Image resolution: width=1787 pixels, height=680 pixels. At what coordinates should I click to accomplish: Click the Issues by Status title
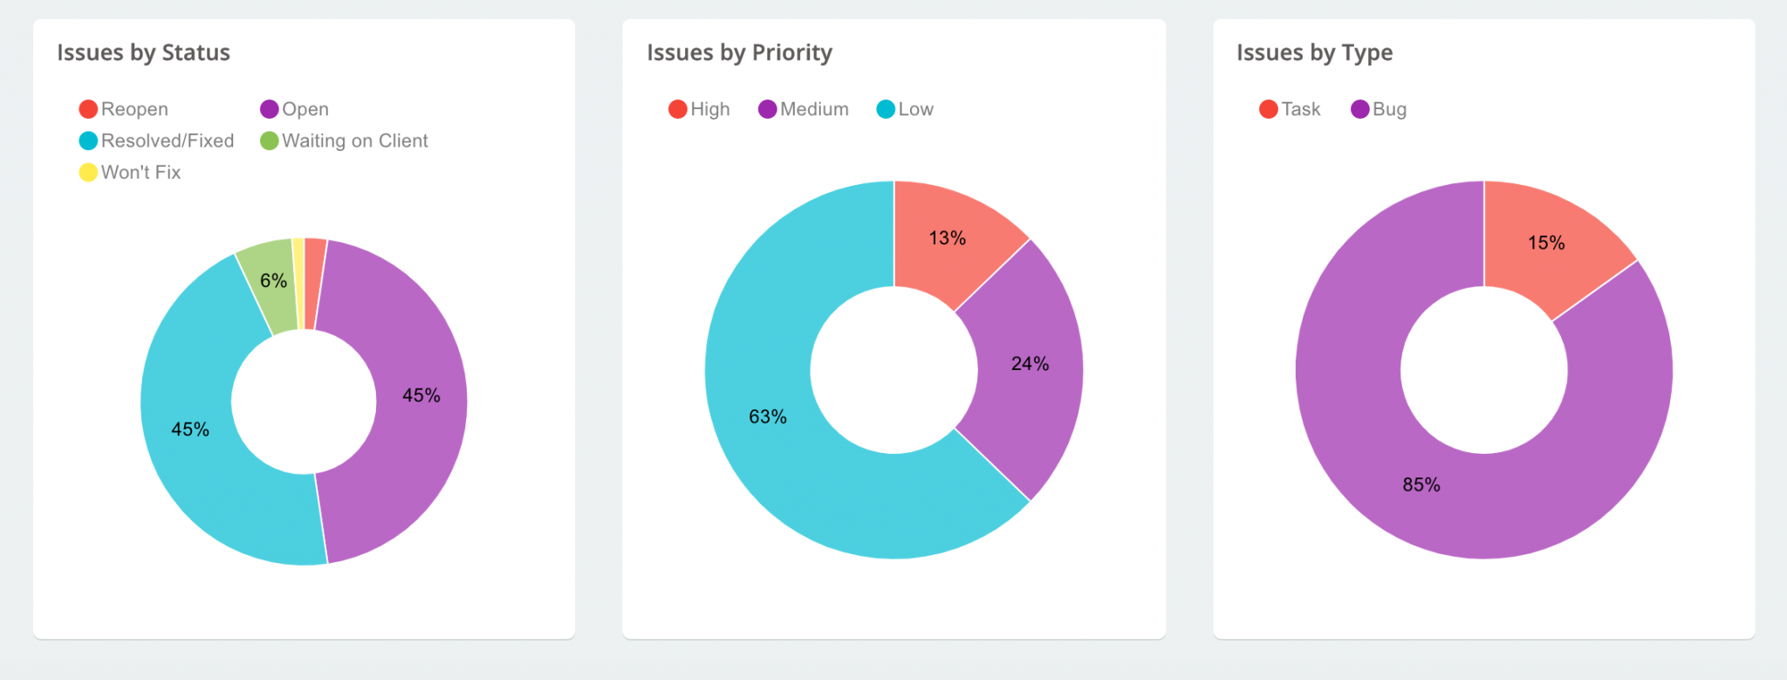click(143, 52)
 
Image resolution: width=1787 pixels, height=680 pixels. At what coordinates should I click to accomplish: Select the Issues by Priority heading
click(739, 52)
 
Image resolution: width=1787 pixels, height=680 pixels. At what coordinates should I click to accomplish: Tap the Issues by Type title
click(1314, 52)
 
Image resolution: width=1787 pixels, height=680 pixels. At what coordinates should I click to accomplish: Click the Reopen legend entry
click(124, 109)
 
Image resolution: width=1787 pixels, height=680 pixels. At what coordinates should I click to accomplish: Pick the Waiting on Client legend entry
click(345, 141)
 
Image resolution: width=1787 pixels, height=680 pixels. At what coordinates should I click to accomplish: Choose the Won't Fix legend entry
click(131, 172)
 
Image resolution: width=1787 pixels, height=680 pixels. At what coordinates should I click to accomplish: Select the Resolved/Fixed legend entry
click(157, 141)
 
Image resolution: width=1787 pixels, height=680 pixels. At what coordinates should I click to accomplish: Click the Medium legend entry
click(804, 109)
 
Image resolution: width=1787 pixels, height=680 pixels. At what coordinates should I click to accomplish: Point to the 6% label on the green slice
click(273, 280)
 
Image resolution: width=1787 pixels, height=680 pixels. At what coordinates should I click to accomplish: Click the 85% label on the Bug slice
click(1421, 484)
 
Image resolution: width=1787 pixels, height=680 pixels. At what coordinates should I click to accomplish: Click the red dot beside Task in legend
click(1269, 109)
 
